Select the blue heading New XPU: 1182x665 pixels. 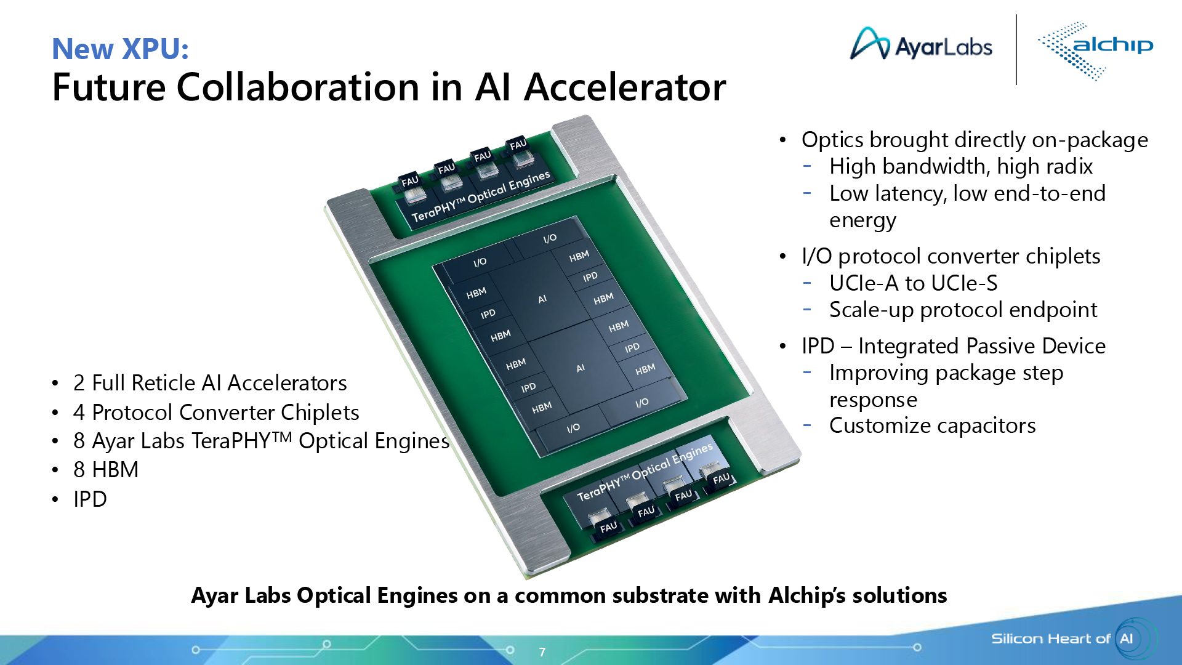coord(120,49)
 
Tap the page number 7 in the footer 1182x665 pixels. coord(542,652)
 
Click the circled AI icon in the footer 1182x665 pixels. coord(1127,639)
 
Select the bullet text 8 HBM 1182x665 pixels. coord(106,470)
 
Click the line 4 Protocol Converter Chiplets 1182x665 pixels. coord(215,413)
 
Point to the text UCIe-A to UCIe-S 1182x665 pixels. coord(913,283)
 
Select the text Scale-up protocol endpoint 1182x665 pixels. coord(963,310)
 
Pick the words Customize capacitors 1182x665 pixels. coord(932,425)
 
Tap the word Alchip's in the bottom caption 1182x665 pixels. coord(806,595)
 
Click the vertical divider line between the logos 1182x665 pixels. coord(1016,49)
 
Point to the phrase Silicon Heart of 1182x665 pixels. coord(1050,639)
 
